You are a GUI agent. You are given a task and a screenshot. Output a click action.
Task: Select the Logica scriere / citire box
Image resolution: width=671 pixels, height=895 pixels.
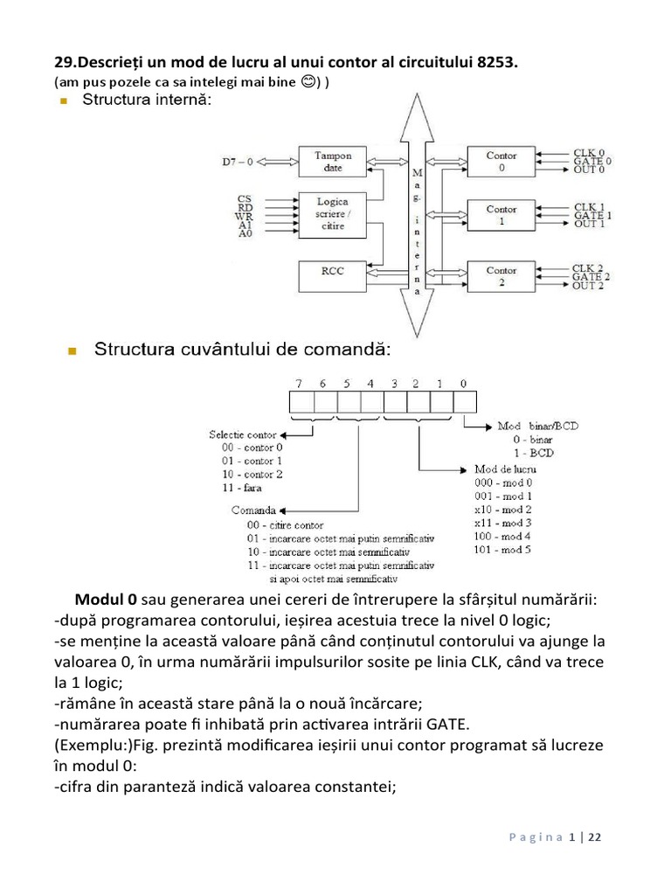(333, 212)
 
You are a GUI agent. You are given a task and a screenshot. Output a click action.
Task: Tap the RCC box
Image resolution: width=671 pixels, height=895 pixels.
(333, 271)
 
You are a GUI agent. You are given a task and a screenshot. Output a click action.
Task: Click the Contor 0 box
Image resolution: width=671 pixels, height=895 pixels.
(502, 161)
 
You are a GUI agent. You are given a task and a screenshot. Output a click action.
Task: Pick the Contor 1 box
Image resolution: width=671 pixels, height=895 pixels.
(502, 215)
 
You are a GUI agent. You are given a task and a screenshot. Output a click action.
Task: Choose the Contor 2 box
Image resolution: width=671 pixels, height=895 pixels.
(502, 276)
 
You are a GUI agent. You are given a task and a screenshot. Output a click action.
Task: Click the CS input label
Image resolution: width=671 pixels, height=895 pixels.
(244, 199)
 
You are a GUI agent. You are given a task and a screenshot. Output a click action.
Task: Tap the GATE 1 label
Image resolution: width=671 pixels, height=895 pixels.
(592, 215)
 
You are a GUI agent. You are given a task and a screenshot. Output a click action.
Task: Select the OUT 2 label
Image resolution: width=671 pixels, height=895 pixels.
(591, 286)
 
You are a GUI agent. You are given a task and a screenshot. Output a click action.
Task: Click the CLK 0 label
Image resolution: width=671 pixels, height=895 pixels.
(588, 152)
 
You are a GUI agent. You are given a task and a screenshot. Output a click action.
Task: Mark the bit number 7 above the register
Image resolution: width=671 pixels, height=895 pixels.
(300, 383)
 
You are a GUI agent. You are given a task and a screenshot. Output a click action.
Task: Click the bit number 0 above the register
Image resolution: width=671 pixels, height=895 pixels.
(463, 383)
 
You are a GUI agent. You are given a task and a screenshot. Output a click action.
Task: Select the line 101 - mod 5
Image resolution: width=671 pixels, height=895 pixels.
(502, 550)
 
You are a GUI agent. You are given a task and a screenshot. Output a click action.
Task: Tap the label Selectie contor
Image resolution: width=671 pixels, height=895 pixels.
(243, 434)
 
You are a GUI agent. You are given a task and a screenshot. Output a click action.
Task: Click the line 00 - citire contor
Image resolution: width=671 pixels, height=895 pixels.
(285, 525)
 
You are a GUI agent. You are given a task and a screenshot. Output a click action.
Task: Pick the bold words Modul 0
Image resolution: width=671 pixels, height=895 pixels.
(106, 600)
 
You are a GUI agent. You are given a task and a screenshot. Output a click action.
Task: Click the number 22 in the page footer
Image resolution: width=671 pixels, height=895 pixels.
(594, 837)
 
